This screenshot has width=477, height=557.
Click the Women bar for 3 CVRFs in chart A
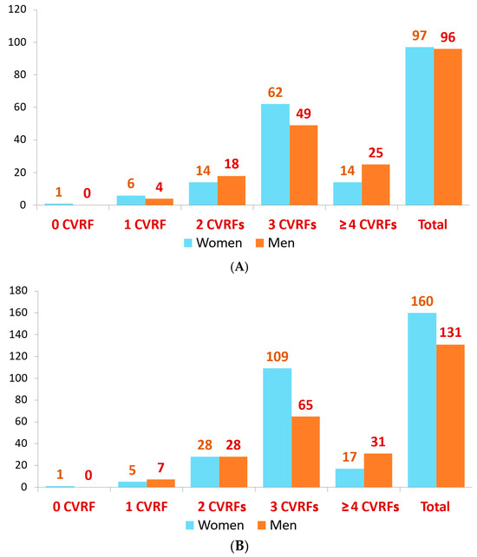click(x=275, y=154)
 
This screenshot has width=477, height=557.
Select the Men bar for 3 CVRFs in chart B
click(x=305, y=451)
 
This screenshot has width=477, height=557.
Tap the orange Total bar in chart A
click(x=448, y=126)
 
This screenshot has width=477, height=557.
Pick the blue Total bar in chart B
click(x=421, y=400)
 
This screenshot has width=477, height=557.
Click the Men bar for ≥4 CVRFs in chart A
click(x=376, y=185)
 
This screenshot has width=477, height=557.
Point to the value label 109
click(x=278, y=356)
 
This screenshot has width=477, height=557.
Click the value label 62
click(x=275, y=93)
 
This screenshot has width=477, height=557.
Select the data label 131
click(x=450, y=333)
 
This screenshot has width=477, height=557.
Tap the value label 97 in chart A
click(x=420, y=36)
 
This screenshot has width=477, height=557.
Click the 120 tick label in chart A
click(x=17, y=10)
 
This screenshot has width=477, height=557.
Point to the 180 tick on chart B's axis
click(x=18, y=290)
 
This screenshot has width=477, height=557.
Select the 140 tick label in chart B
click(x=18, y=334)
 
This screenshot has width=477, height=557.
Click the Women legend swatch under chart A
click(x=188, y=243)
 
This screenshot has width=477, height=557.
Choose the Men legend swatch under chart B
click(x=261, y=525)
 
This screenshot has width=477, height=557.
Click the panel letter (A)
click(x=239, y=267)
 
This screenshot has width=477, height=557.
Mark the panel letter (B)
click(x=239, y=546)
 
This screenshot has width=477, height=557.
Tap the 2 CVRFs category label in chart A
click(x=220, y=224)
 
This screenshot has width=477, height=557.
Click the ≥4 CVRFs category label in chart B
click(x=370, y=507)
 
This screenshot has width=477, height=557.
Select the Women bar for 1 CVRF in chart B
click(x=133, y=484)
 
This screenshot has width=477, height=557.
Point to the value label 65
click(x=305, y=405)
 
